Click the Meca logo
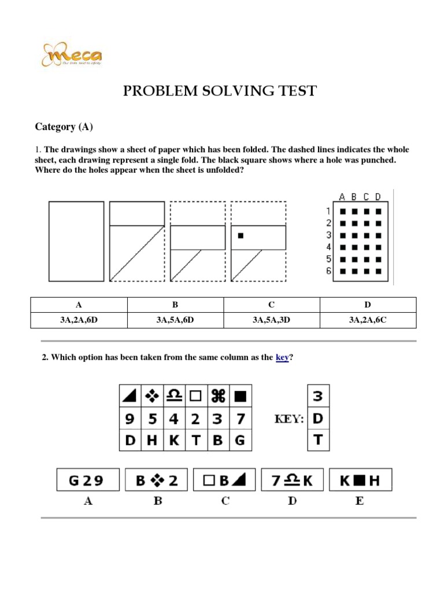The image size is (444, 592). [72, 56]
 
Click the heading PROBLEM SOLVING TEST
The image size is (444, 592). [220, 91]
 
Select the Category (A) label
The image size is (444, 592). [64, 127]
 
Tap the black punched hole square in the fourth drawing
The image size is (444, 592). [240, 236]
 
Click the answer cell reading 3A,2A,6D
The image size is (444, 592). [79, 320]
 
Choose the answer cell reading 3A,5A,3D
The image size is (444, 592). [271, 320]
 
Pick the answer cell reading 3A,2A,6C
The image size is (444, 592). [368, 320]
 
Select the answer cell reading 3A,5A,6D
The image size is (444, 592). [175, 320]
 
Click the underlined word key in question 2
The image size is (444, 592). [282, 358]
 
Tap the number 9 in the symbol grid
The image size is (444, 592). [129, 419]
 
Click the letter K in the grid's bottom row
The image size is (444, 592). [173, 441]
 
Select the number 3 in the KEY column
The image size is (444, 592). [318, 397]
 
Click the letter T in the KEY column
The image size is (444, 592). [318, 440]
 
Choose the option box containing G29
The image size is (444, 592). [88, 480]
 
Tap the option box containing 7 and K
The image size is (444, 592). [292, 480]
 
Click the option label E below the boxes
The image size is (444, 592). [360, 501]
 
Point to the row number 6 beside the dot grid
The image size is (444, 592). [329, 271]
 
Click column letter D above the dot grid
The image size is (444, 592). [378, 197]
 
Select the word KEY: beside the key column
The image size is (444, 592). [288, 419]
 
